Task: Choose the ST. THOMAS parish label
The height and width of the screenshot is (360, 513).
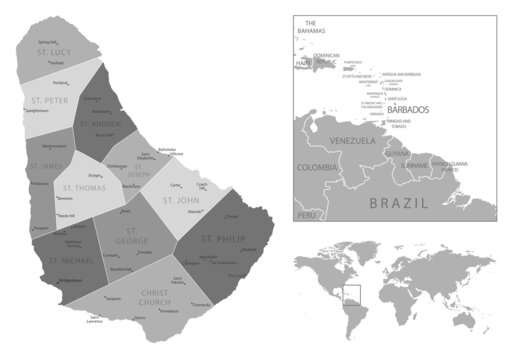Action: [x=85, y=187]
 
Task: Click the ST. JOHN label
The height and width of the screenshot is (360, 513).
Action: [x=182, y=200]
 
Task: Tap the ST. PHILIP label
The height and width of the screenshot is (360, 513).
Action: [x=223, y=239]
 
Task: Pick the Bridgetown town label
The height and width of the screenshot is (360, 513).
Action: [x=71, y=281]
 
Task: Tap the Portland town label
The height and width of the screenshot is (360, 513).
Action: [x=59, y=82]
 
